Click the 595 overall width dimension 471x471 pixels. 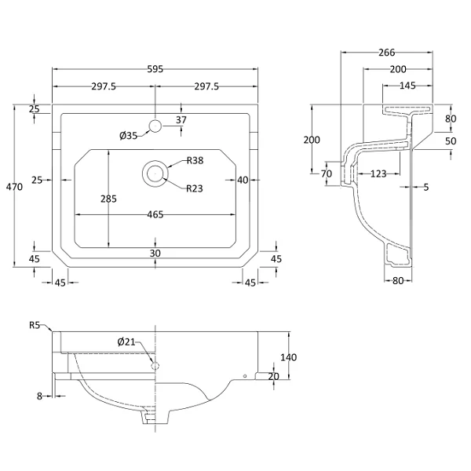coord(155,69)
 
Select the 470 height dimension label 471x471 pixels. coord(14,187)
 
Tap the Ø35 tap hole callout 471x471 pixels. coord(128,136)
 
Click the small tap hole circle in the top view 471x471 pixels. coord(155,126)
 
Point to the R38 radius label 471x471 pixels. coord(195,160)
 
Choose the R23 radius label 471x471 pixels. coord(195,188)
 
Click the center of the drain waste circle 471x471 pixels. coord(155,173)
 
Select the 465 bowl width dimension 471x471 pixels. coord(155,214)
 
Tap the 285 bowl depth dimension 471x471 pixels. coord(108,199)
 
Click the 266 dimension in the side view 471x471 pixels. coord(386,53)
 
